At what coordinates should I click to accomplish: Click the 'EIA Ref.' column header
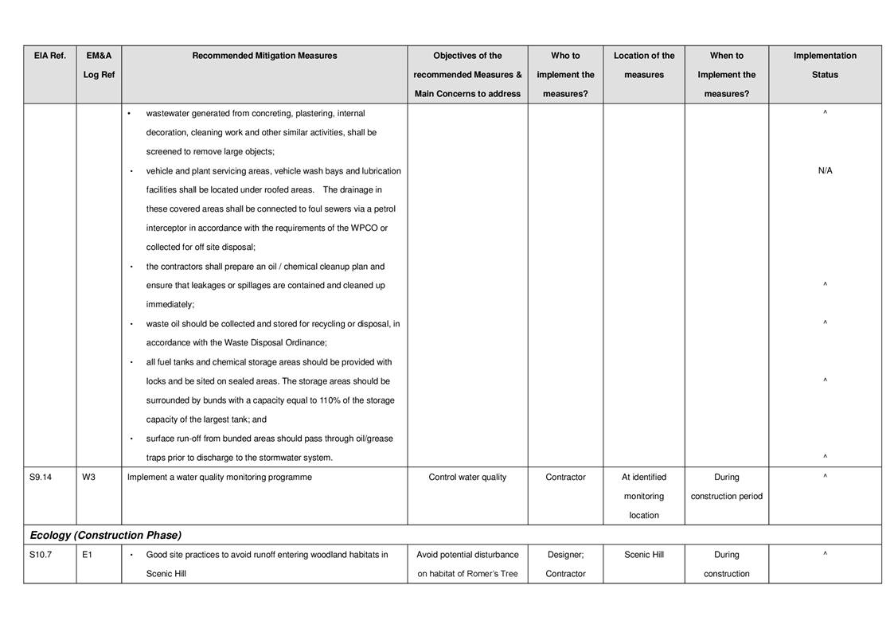(x=49, y=56)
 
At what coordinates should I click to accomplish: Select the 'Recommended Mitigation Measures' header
(x=264, y=56)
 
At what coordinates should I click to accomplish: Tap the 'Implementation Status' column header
(x=825, y=65)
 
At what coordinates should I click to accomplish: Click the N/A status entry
(x=825, y=171)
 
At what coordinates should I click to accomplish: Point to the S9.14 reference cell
(x=41, y=478)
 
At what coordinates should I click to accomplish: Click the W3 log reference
(x=89, y=478)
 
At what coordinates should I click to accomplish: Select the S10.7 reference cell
(x=41, y=555)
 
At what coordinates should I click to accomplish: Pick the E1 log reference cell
(x=88, y=555)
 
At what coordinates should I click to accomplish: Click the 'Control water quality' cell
(x=467, y=478)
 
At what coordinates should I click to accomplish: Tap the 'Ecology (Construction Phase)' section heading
(x=105, y=535)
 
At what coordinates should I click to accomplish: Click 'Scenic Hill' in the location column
(x=643, y=555)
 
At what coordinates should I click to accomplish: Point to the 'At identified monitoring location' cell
(x=643, y=496)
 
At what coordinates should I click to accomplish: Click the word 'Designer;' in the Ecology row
(x=565, y=555)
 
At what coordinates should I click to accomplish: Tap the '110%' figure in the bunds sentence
(x=330, y=400)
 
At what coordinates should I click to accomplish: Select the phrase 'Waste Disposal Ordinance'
(x=274, y=343)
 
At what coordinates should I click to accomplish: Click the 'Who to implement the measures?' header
(x=565, y=75)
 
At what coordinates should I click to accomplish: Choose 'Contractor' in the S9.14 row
(x=565, y=478)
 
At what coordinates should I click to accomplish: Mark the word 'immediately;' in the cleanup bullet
(x=170, y=305)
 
